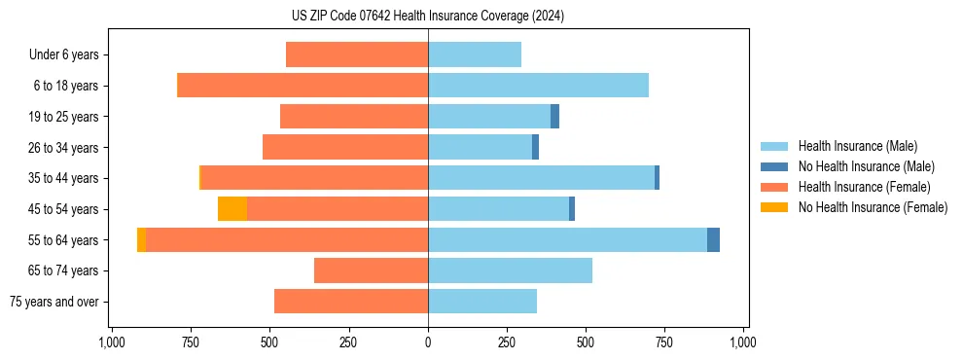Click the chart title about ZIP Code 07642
tap(428, 17)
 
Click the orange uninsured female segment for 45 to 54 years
tap(232, 209)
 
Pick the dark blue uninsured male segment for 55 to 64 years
tap(713, 239)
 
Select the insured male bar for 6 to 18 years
tap(538, 86)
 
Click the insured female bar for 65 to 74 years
tap(371, 270)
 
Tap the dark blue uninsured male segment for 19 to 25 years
tap(554, 117)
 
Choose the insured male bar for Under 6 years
tap(475, 54)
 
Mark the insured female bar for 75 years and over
tap(351, 302)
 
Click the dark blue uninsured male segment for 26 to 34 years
tap(535, 147)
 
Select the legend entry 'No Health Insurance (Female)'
tap(873, 207)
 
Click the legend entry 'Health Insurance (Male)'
tap(858, 146)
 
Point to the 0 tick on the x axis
tap(428, 342)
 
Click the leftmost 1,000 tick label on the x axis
tap(112, 342)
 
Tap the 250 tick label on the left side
tap(348, 342)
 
